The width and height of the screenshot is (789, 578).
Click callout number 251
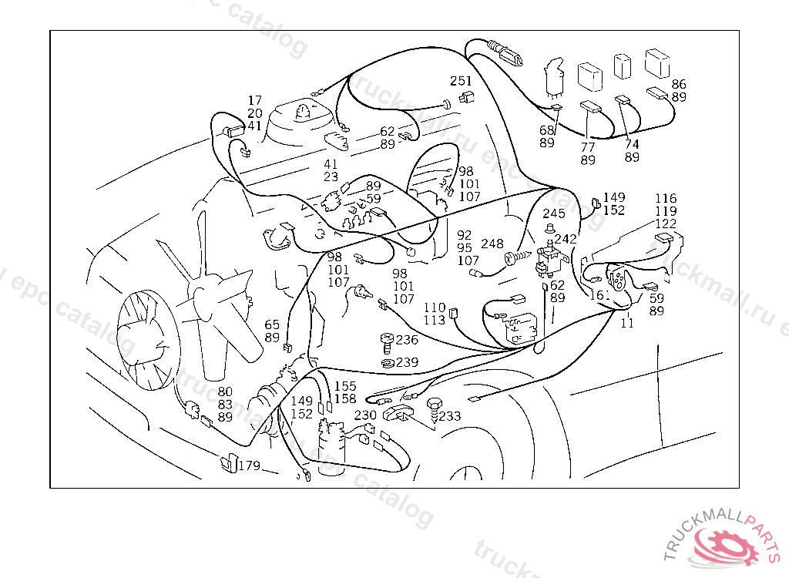tap(461, 82)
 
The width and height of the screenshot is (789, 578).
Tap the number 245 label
tap(554, 213)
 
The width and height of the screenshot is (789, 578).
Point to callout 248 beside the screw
tap(492, 244)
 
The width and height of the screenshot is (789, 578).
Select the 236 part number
tap(408, 340)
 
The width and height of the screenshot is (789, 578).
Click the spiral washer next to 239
tap(388, 362)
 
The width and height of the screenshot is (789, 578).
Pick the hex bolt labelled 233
tap(434, 408)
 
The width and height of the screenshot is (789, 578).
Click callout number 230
tap(365, 415)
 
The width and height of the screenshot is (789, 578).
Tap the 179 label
tap(250, 466)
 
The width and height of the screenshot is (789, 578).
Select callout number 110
tap(435, 307)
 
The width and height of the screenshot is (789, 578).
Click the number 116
tap(666, 199)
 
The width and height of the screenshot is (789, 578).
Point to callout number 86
tap(679, 84)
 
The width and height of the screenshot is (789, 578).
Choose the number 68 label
tap(547, 130)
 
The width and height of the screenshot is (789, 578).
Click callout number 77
tap(588, 146)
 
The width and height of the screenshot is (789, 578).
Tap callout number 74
tap(632, 144)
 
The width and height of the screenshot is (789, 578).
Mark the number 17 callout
tap(255, 100)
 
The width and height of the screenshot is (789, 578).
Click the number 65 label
tap(272, 324)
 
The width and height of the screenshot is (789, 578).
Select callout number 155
tap(345, 386)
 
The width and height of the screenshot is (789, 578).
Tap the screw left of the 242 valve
tap(516, 257)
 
